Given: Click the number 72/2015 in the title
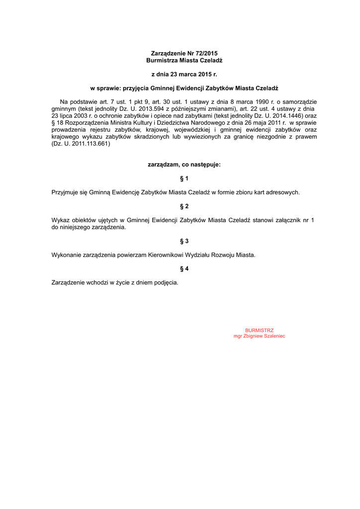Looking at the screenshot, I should coord(206,53).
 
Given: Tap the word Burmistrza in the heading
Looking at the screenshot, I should coord(162,60).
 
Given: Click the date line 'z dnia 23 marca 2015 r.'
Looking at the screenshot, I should coord(184,74).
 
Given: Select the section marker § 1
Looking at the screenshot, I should coord(184,178).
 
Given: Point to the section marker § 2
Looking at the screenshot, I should coord(184,206).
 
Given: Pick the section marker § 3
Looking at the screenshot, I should coord(184,241).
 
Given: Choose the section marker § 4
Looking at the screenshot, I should coord(184,269).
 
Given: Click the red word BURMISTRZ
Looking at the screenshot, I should coord(259,330).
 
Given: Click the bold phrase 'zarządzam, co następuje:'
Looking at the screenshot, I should coord(184,164).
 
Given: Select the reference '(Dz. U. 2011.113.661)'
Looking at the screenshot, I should coord(81,144).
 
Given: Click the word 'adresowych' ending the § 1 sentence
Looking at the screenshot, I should coord(281,192).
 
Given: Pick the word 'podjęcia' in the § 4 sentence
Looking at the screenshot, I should coord(166,283).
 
